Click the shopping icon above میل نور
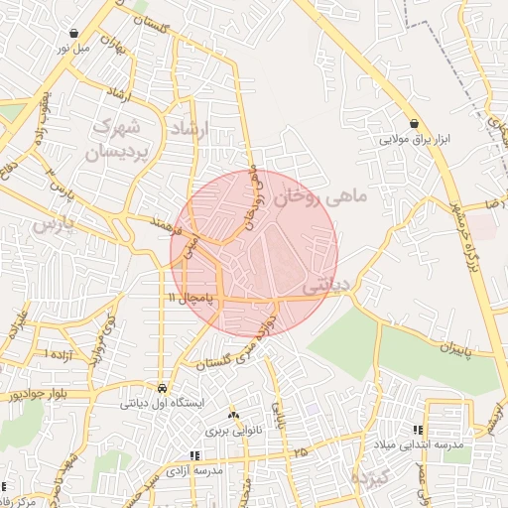77,33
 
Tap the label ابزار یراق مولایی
414,140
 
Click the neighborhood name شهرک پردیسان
121,141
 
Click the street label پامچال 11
191,297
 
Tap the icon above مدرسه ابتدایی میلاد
417,431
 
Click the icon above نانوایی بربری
233,415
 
